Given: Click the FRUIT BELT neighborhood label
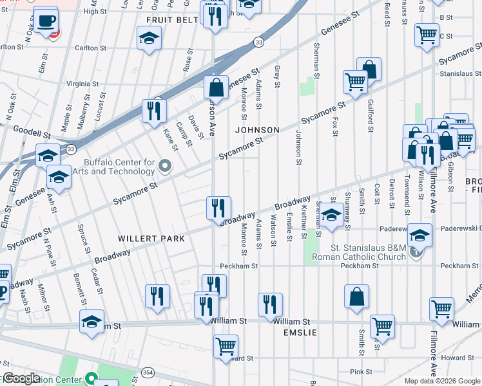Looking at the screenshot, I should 162,20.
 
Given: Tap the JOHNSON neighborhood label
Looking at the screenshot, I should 257,130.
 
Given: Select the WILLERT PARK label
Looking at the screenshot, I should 151,239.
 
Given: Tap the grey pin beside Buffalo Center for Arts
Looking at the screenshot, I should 165,167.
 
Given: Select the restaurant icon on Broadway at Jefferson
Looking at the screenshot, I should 218,208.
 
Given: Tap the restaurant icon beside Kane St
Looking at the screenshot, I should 154,111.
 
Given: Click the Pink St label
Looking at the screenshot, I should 361,372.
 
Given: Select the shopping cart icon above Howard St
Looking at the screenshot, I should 226,346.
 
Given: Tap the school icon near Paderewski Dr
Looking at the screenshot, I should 419,237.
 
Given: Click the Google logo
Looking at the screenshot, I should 21,378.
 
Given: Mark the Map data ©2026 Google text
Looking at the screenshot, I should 441,381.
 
